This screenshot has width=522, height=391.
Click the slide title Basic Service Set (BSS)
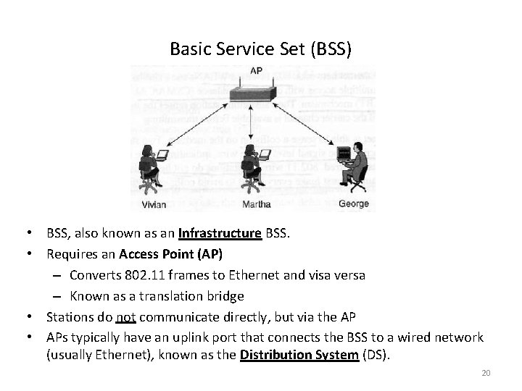coord(260,49)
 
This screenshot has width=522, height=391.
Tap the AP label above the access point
coord(257,71)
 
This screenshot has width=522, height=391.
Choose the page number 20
coord(486,373)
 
